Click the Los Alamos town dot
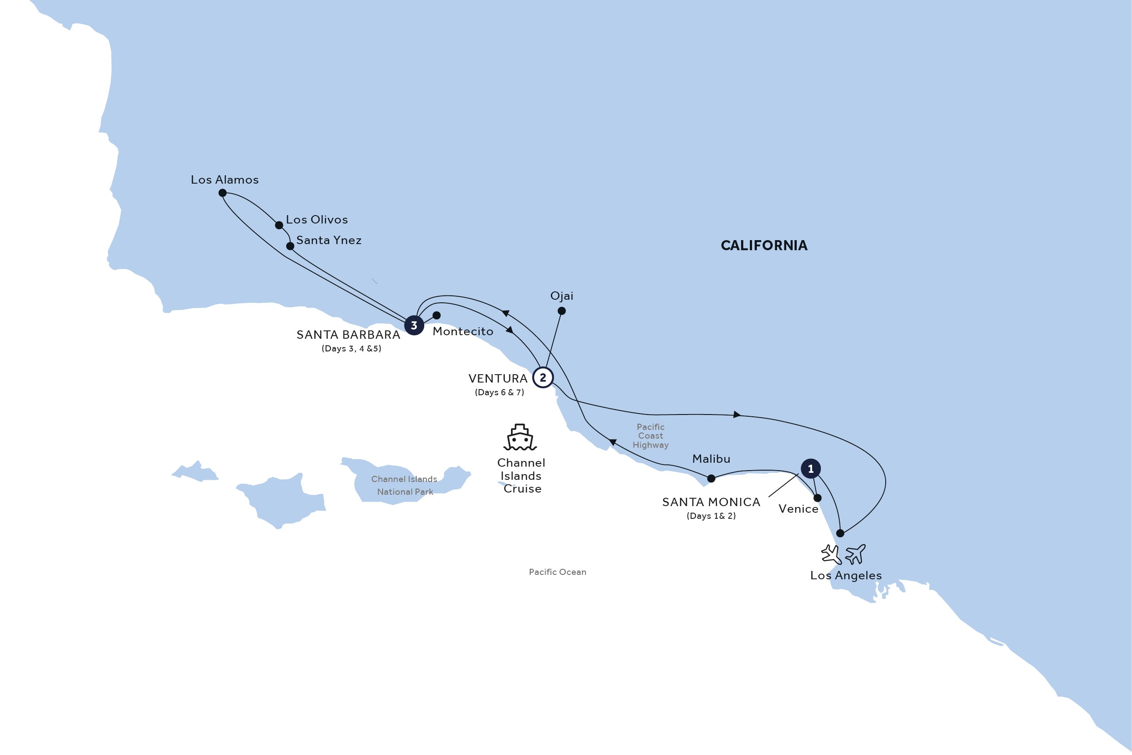click(x=223, y=193)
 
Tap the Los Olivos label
click(x=316, y=220)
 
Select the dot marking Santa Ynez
click(x=290, y=246)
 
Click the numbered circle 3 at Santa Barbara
click(x=414, y=326)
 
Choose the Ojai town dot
click(x=561, y=311)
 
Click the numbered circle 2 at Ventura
click(x=543, y=378)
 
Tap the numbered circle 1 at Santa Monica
click(x=810, y=468)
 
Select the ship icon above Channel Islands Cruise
click(x=520, y=437)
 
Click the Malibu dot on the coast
click(x=711, y=479)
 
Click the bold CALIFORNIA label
click(x=764, y=245)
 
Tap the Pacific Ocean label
click(x=557, y=572)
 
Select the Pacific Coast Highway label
click(x=650, y=436)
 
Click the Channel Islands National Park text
click(x=404, y=486)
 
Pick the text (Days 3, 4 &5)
click(x=351, y=349)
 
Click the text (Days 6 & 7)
click(x=499, y=393)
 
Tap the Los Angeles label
click(x=845, y=575)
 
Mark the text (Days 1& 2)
click(x=711, y=516)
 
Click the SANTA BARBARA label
click(x=348, y=335)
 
